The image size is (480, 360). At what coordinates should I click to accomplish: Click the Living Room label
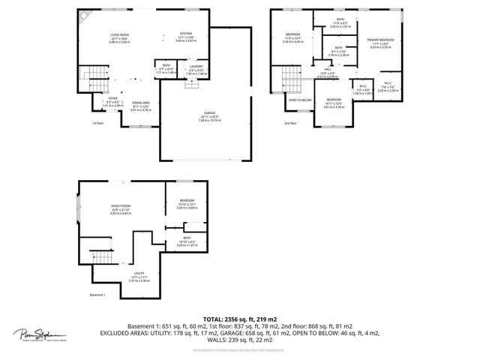[120, 34]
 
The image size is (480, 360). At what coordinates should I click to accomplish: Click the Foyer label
[112, 98]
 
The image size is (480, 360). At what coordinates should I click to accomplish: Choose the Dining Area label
[141, 103]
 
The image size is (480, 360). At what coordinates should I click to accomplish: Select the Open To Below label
[300, 100]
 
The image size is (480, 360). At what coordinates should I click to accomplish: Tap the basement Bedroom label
[187, 200]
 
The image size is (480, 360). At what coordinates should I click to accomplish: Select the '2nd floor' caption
[290, 123]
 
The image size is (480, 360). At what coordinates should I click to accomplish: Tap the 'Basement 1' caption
[98, 295]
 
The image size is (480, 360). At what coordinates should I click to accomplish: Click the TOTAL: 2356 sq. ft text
[239, 319]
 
